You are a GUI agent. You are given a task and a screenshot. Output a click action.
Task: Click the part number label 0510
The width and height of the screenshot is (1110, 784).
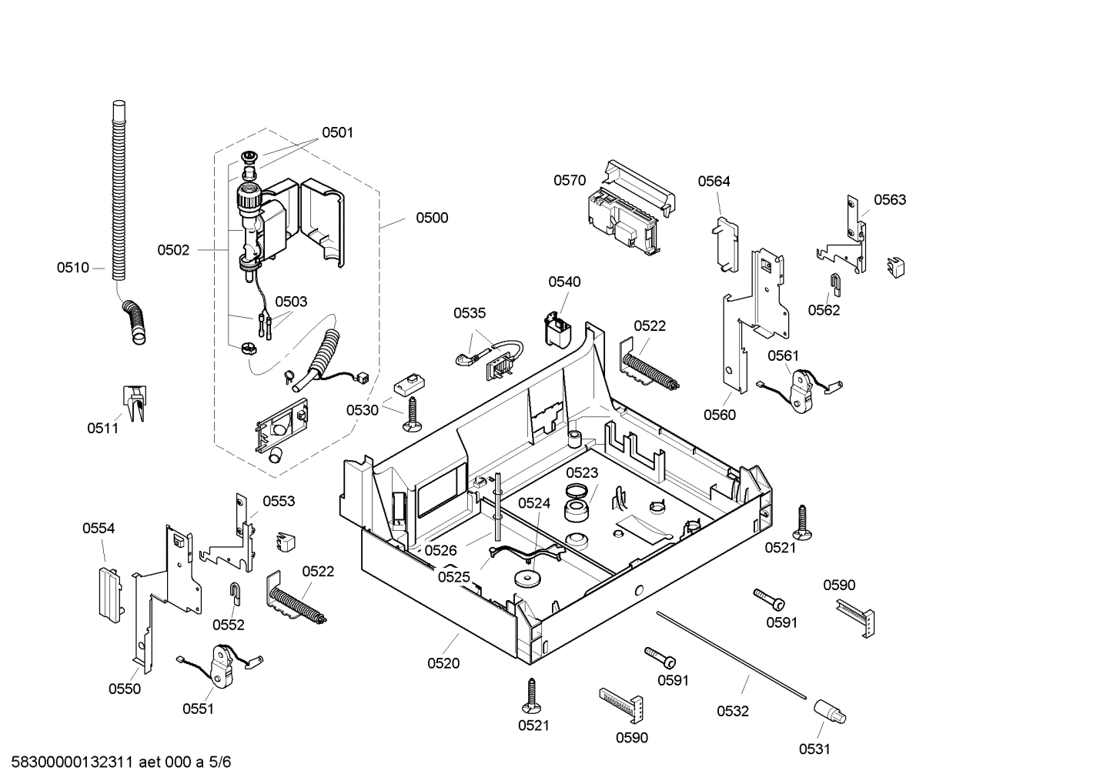coord(72,268)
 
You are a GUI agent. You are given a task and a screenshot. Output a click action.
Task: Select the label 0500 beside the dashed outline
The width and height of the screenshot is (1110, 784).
coord(432,218)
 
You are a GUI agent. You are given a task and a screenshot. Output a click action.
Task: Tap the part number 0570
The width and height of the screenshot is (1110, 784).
coord(570,181)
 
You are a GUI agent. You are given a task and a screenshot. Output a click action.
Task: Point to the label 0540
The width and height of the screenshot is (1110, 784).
coord(564,282)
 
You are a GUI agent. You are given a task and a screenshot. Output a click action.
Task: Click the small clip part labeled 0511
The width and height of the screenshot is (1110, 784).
coord(134,404)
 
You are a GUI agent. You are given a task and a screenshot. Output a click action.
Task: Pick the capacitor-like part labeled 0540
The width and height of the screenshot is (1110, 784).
coord(558,329)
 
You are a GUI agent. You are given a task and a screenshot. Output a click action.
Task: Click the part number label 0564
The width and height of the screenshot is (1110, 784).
coord(714,182)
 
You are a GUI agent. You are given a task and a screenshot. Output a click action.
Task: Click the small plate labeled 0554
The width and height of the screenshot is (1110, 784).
coord(109,593)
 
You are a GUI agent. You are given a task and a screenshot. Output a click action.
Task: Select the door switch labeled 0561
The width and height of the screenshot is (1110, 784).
coord(803,389)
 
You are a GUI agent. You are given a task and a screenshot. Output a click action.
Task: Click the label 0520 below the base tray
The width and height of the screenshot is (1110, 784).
coord(443,663)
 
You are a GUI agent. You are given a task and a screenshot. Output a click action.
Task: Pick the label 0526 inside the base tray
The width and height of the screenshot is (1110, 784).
coord(440,551)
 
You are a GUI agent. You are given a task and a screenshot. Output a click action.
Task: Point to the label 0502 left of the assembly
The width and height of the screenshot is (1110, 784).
coord(173,250)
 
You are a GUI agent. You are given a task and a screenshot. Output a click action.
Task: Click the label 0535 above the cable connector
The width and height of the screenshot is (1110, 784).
coord(470,313)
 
